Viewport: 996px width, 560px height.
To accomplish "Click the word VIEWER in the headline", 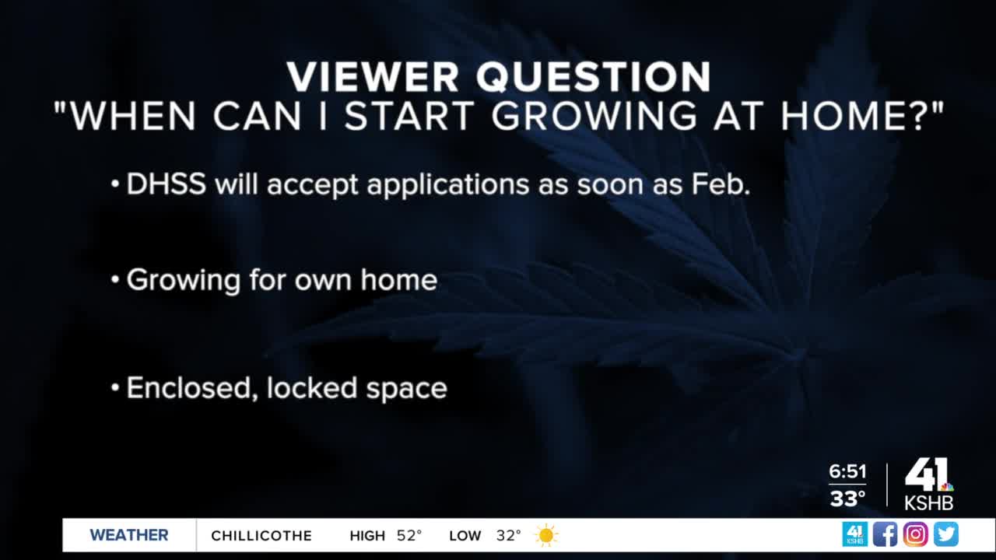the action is pos(373,77).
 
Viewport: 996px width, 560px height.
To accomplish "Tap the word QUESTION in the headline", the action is pos(594,77).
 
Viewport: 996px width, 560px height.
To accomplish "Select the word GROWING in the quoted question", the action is pos(594,116).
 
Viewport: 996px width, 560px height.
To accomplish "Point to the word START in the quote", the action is pos(409,116).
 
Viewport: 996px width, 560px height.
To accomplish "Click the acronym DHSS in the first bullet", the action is pos(167,184).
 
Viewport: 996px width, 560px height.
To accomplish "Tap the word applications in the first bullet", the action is pos(448,185).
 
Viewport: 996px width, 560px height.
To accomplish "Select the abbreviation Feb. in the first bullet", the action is pos(721,184).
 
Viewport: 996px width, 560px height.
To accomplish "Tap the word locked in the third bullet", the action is pos(312,387).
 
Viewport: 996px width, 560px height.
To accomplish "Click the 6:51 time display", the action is pos(847,471).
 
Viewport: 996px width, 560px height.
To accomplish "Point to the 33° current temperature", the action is pos(847,499).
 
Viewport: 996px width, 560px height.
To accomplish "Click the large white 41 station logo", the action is pos(927,475).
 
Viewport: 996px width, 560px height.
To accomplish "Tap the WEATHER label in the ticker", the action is pos(129,535).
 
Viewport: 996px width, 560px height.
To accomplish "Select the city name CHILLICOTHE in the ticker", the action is pos(261,536).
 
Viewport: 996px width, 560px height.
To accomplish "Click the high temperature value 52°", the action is pos(409,535).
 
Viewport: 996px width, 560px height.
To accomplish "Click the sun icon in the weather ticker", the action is pos(546,535).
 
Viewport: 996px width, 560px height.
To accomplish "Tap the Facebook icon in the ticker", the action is pos(885,534).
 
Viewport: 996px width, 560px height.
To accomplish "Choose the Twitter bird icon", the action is pos(945,534).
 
